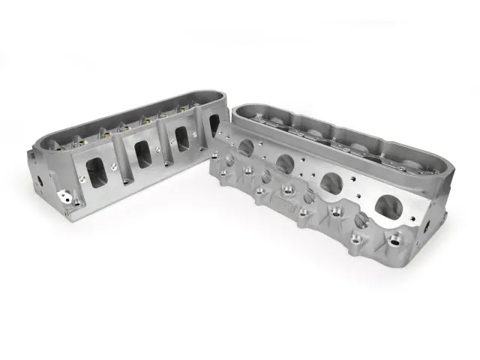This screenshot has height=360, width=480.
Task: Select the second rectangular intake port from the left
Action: tap(142, 153)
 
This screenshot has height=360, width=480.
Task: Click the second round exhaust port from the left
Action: tap(283, 163)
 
